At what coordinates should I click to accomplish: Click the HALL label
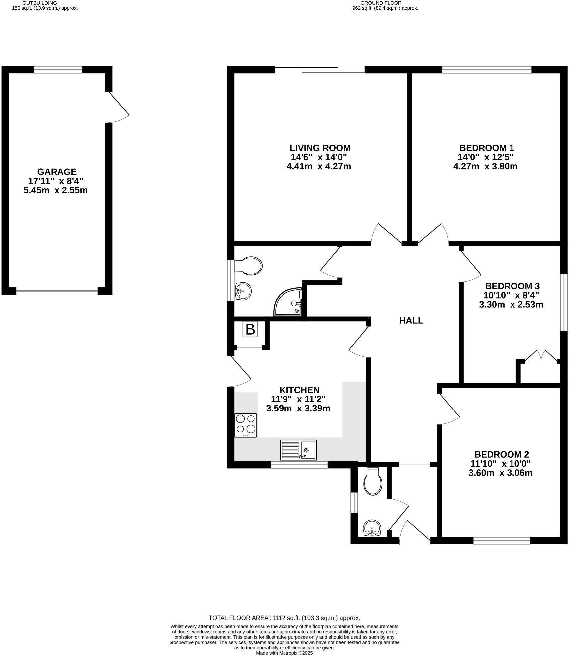[411, 321]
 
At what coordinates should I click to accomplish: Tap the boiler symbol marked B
[250, 329]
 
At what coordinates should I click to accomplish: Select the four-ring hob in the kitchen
[245, 425]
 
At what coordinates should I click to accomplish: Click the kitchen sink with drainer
[298, 450]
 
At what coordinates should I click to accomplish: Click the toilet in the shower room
[249, 266]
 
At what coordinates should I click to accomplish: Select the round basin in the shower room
[243, 291]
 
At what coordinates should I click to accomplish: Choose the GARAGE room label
[57, 172]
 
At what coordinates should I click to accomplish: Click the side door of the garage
[118, 107]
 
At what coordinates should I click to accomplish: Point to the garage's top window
[58, 70]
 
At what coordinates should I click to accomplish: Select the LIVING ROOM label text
[320, 148]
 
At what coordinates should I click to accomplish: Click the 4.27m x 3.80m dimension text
[485, 166]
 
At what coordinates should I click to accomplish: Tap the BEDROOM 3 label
[512, 286]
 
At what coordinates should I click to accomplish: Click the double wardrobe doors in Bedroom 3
[540, 356]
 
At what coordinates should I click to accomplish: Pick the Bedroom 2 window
[502, 542]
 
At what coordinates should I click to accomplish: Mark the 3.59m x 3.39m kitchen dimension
[298, 408]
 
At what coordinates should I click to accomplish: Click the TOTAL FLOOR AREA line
[284, 618]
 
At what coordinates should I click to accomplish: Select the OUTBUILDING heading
[40, 3]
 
